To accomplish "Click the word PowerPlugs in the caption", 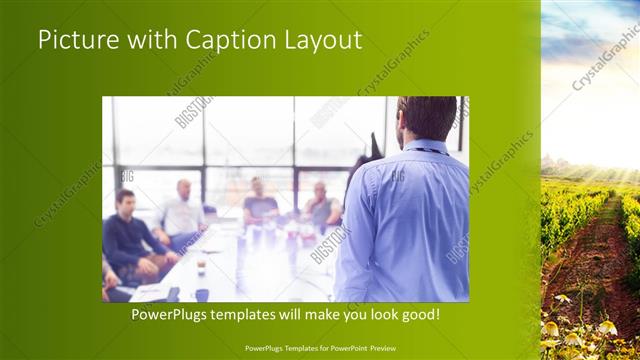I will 174,314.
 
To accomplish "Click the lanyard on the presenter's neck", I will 428,151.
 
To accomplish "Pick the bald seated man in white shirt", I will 181,212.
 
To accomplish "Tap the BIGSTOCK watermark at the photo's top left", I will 194,112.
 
